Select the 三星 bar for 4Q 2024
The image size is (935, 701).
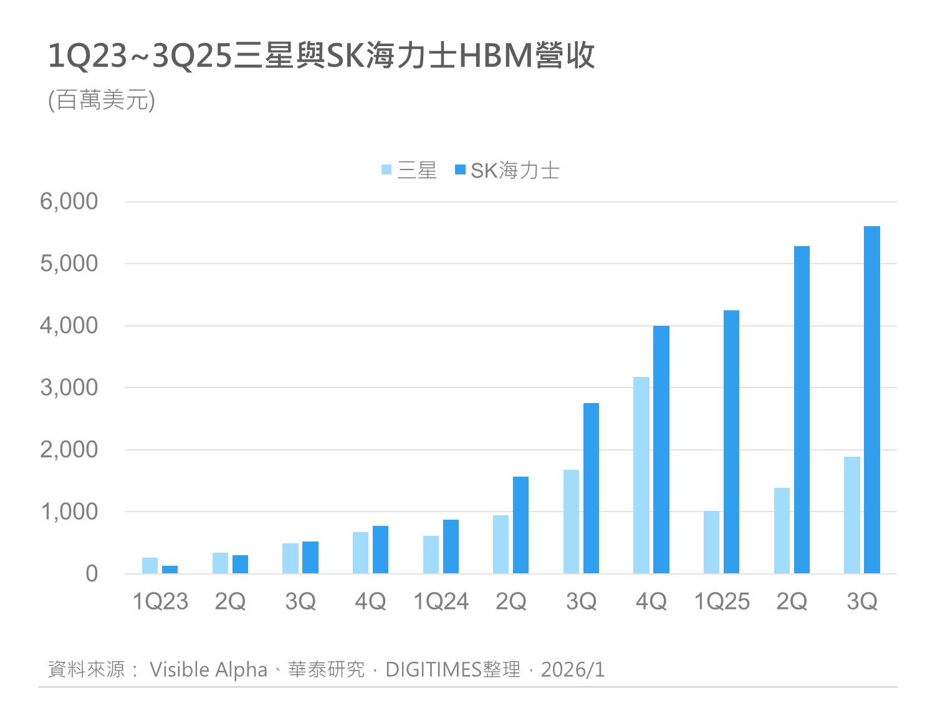coord(641,475)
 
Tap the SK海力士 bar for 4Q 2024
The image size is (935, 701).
coord(661,449)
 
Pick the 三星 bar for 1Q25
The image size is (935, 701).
coord(711,542)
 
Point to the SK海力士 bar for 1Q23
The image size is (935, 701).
coord(170,570)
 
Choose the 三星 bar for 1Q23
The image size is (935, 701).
coord(150,565)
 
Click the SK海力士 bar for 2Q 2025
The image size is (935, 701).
coord(802,409)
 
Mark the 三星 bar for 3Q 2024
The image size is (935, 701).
coord(571,522)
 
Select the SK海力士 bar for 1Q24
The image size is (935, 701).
coord(451,546)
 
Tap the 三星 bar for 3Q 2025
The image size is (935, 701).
coord(851,515)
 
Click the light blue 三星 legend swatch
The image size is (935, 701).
coord(386,169)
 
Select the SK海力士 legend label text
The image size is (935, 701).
coord(515,170)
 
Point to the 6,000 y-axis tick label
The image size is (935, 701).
coord(69,201)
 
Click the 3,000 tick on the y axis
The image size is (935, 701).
coord(69,388)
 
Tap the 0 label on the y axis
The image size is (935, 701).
coord(92,573)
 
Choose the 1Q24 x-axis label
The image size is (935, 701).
coord(441,601)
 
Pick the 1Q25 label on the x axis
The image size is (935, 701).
coord(721,601)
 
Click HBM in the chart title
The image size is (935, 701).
coord(496,56)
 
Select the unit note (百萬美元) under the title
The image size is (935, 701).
coord(102,100)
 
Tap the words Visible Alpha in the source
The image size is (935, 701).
coord(208,669)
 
